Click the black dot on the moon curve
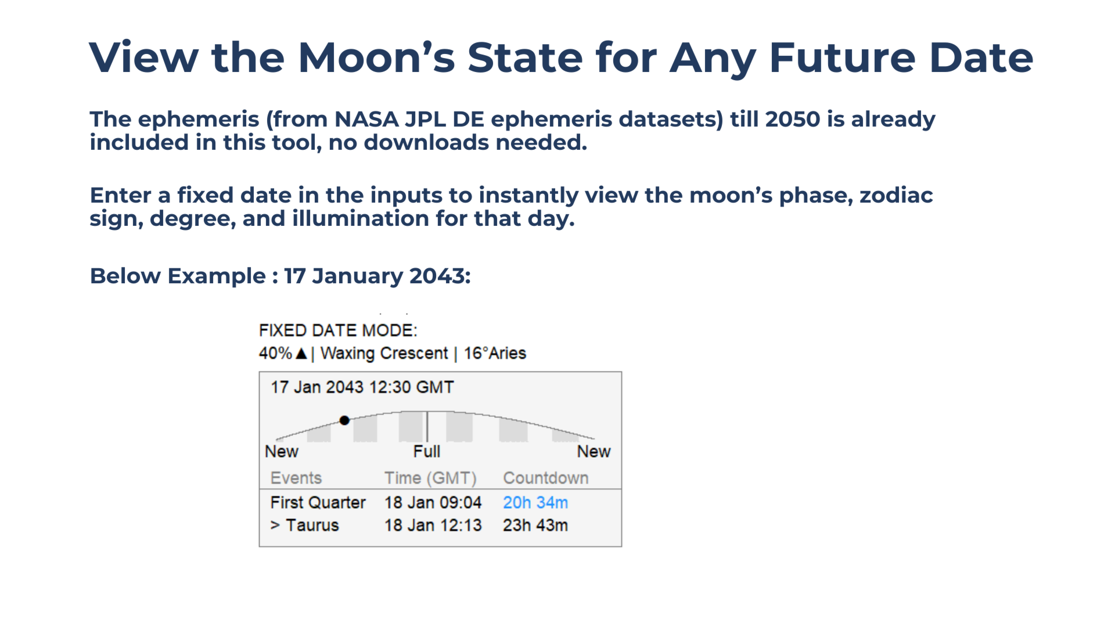[x=344, y=420]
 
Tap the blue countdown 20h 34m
[x=535, y=503]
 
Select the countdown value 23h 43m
[x=535, y=525]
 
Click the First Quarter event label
[x=318, y=503]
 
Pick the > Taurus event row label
[x=305, y=525]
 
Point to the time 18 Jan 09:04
[x=433, y=503]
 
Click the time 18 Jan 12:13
[x=433, y=525]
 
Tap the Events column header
[x=296, y=478]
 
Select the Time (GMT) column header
[x=430, y=478]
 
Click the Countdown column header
[x=546, y=478]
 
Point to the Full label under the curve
[x=427, y=452]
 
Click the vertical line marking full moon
[x=427, y=427]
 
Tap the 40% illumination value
[x=275, y=353]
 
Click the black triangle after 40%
[x=301, y=353]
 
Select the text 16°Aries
[x=495, y=353]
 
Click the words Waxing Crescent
[x=384, y=354]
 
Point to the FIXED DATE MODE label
[x=338, y=330]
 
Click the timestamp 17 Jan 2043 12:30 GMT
[x=362, y=387]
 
